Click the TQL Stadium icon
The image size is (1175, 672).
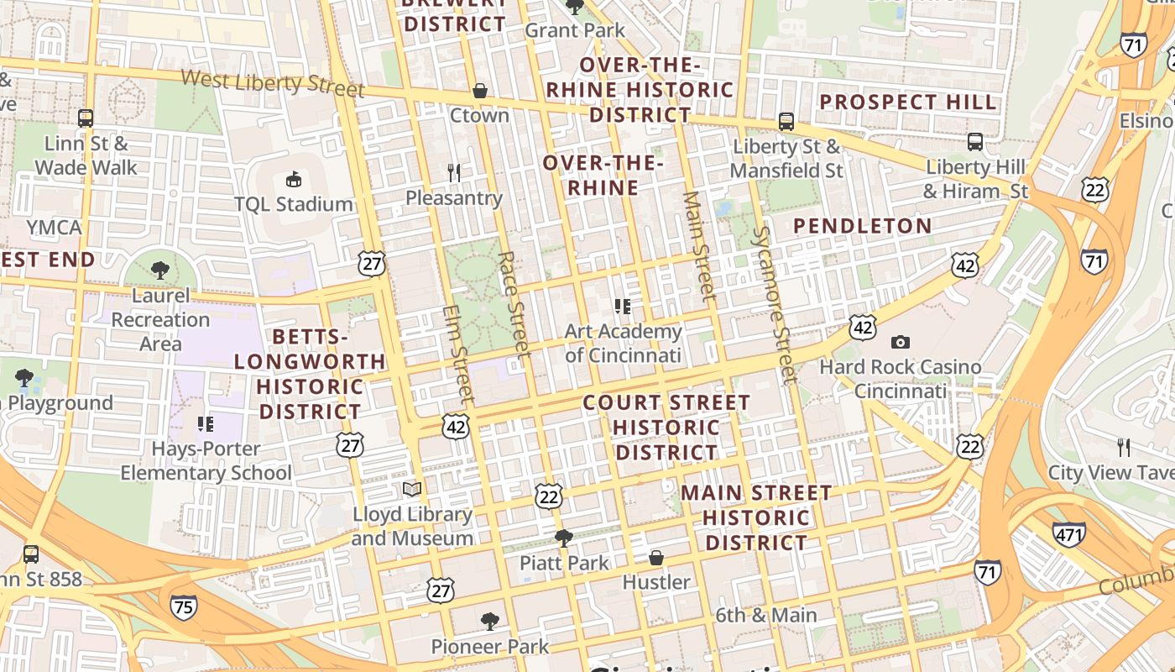(x=293, y=179)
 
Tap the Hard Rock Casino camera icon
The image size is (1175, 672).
(x=901, y=342)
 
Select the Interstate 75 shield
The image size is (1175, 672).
(x=184, y=606)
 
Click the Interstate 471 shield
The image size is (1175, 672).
(x=1068, y=533)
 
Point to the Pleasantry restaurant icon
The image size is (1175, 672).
(x=454, y=173)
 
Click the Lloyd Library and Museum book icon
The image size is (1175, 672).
(x=411, y=489)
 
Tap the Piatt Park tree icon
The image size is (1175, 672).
(x=564, y=538)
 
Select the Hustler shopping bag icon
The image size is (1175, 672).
(x=656, y=558)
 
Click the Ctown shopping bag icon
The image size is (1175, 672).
(x=480, y=90)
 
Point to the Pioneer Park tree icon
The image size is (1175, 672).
(x=490, y=622)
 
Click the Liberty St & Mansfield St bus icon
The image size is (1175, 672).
(x=786, y=121)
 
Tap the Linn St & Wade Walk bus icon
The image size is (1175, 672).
(x=86, y=118)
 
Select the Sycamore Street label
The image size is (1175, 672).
(x=774, y=304)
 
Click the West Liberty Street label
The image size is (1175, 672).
(x=273, y=82)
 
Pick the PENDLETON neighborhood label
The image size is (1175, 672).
(x=862, y=226)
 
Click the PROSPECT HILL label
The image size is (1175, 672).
(x=907, y=102)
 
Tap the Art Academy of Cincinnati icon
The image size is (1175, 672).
(x=622, y=306)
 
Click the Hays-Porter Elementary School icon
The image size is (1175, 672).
(x=206, y=423)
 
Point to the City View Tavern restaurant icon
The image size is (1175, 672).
(x=1124, y=447)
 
